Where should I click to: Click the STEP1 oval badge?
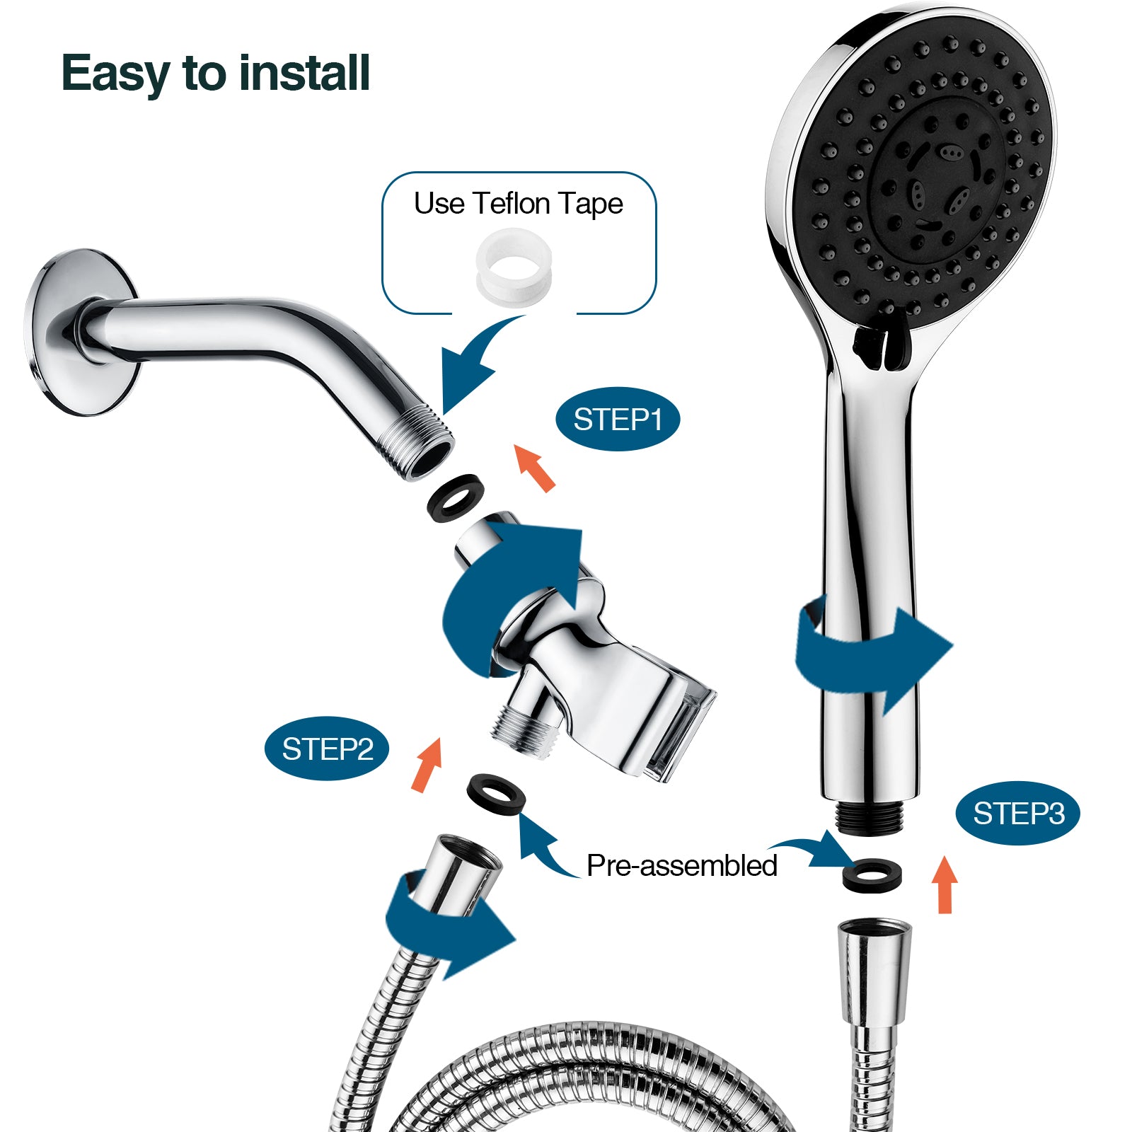click(617, 420)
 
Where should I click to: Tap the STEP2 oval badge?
click(327, 749)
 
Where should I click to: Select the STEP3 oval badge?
click(1018, 814)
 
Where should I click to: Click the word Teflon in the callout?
click(512, 204)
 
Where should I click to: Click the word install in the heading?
click(304, 73)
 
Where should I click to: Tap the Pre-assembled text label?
click(681, 865)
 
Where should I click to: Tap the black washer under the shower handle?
click(872, 875)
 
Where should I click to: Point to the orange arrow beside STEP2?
click(427, 764)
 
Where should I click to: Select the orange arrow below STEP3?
click(945, 884)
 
